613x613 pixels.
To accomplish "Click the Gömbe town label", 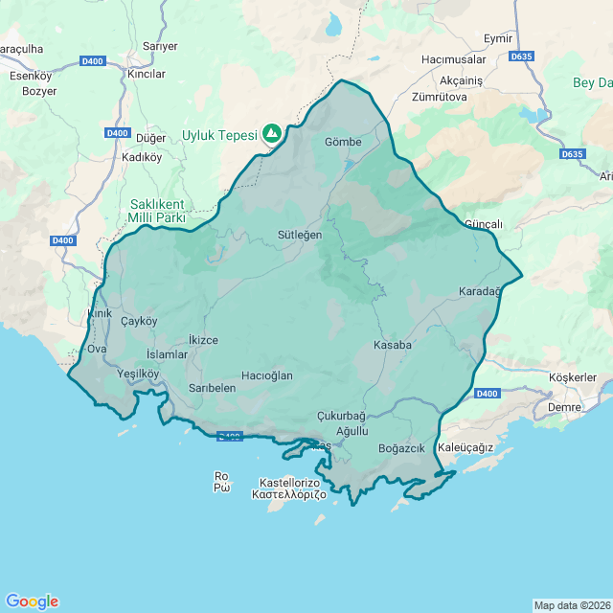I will (343, 142).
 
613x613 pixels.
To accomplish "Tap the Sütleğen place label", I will (300, 234).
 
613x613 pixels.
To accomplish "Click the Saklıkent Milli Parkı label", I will (157, 211).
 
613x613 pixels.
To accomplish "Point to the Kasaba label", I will (393, 345).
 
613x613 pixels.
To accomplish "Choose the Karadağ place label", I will (480, 291).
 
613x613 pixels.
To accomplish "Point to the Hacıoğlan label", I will (267, 375).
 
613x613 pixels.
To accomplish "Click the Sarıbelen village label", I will (212, 388).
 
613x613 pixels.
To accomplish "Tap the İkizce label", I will (204, 340).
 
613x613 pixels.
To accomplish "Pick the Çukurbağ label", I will (341, 416).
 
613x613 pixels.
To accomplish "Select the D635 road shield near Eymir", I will (522, 57).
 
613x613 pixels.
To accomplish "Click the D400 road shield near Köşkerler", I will (487, 393).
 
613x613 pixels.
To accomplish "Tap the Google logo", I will (32, 602).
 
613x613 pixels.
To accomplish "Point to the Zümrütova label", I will (439, 97).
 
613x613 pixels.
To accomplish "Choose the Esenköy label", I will (31, 75).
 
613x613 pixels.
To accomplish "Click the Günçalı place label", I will (484, 224).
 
